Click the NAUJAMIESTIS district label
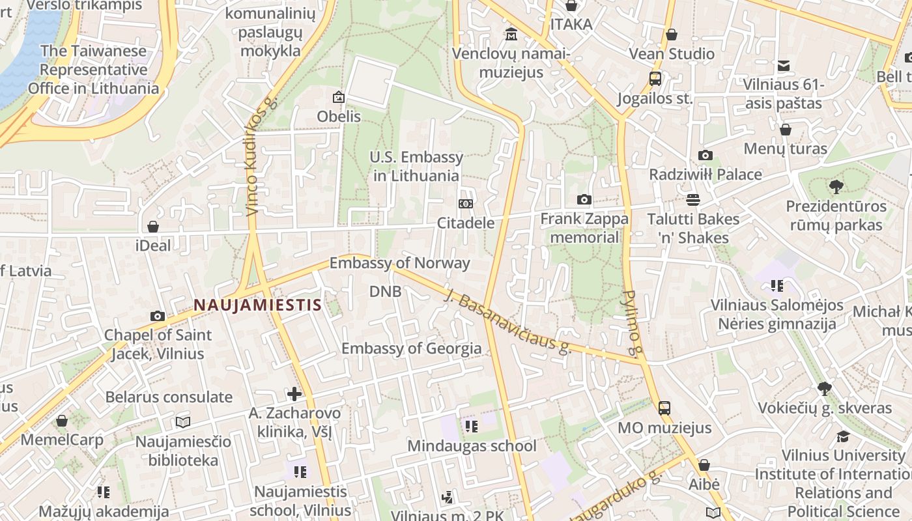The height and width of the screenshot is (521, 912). click(257, 305)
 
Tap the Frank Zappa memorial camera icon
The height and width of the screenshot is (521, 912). click(584, 200)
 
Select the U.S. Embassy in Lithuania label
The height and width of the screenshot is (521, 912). click(416, 166)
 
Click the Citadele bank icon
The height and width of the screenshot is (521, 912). click(466, 204)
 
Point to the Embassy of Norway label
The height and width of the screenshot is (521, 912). click(399, 263)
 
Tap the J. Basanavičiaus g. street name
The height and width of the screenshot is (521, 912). click(507, 322)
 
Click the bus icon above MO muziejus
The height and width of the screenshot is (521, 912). click(664, 408)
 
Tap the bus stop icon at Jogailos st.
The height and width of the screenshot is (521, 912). click(655, 79)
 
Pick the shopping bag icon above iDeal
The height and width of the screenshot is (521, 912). click(153, 227)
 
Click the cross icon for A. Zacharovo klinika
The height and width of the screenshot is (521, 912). click(294, 394)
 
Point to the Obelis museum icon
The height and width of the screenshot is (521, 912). click(339, 98)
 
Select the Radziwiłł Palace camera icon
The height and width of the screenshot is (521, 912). click(705, 155)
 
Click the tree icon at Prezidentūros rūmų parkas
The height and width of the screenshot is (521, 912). click(836, 187)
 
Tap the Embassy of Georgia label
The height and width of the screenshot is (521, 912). click(411, 348)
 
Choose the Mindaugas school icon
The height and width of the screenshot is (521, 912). click(471, 427)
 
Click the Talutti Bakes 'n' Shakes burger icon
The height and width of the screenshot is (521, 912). click(693, 199)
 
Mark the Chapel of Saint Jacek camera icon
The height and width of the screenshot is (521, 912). click(158, 316)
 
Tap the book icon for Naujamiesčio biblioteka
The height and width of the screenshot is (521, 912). click(183, 422)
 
